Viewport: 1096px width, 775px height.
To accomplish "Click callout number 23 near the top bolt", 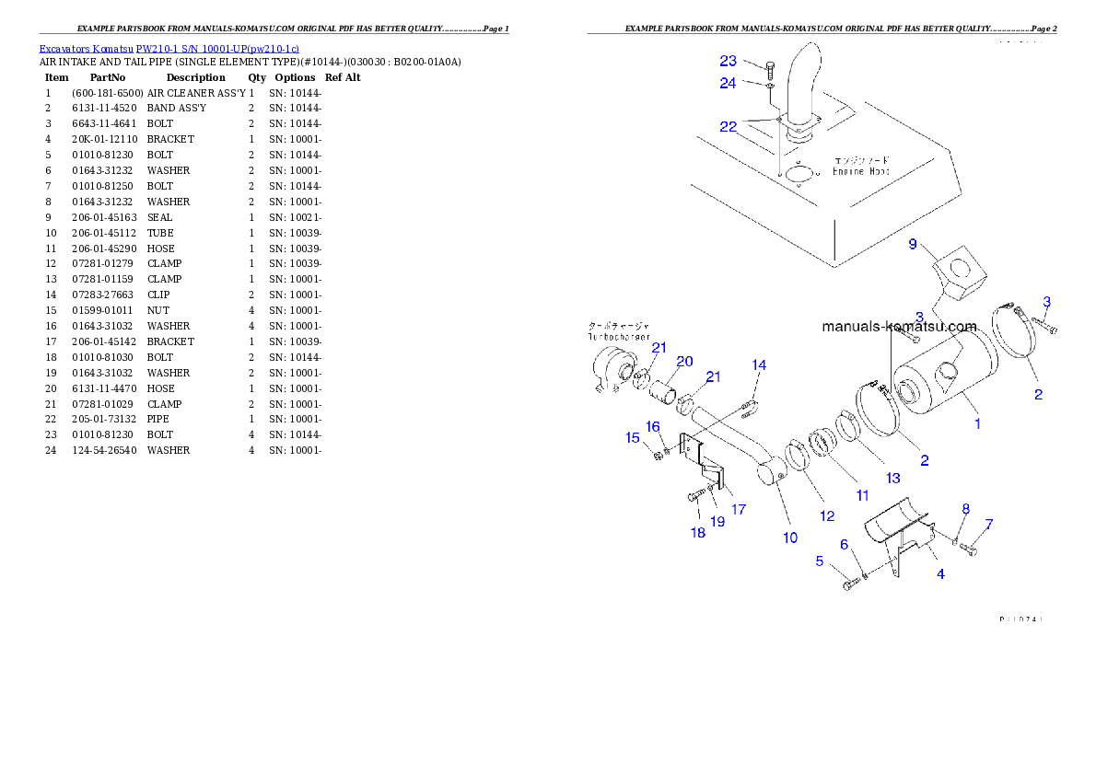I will (x=729, y=61).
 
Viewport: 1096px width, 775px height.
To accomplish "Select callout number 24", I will (x=729, y=83).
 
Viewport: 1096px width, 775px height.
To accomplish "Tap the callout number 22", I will (x=729, y=126).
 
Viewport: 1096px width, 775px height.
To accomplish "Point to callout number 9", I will (x=913, y=244).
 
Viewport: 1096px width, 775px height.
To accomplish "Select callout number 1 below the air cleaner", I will (x=977, y=424).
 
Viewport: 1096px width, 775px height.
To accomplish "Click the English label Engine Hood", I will (x=860, y=171).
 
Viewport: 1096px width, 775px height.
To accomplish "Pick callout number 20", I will (x=684, y=361).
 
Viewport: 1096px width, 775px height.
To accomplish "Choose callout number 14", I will (x=759, y=365).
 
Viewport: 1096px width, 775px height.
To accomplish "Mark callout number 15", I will (x=633, y=438).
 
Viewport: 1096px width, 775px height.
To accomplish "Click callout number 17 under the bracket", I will (x=739, y=509).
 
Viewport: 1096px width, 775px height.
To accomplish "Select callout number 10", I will (x=790, y=538).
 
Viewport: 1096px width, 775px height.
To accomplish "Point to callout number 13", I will (x=892, y=478).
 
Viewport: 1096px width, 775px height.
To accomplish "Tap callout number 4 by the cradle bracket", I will (x=940, y=574).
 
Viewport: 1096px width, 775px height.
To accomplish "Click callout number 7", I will (x=989, y=525).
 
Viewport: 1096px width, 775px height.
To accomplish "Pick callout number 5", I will (x=819, y=560).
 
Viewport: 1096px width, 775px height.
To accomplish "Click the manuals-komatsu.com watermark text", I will (x=899, y=327).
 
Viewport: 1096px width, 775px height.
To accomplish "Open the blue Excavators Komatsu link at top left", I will (x=169, y=48).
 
